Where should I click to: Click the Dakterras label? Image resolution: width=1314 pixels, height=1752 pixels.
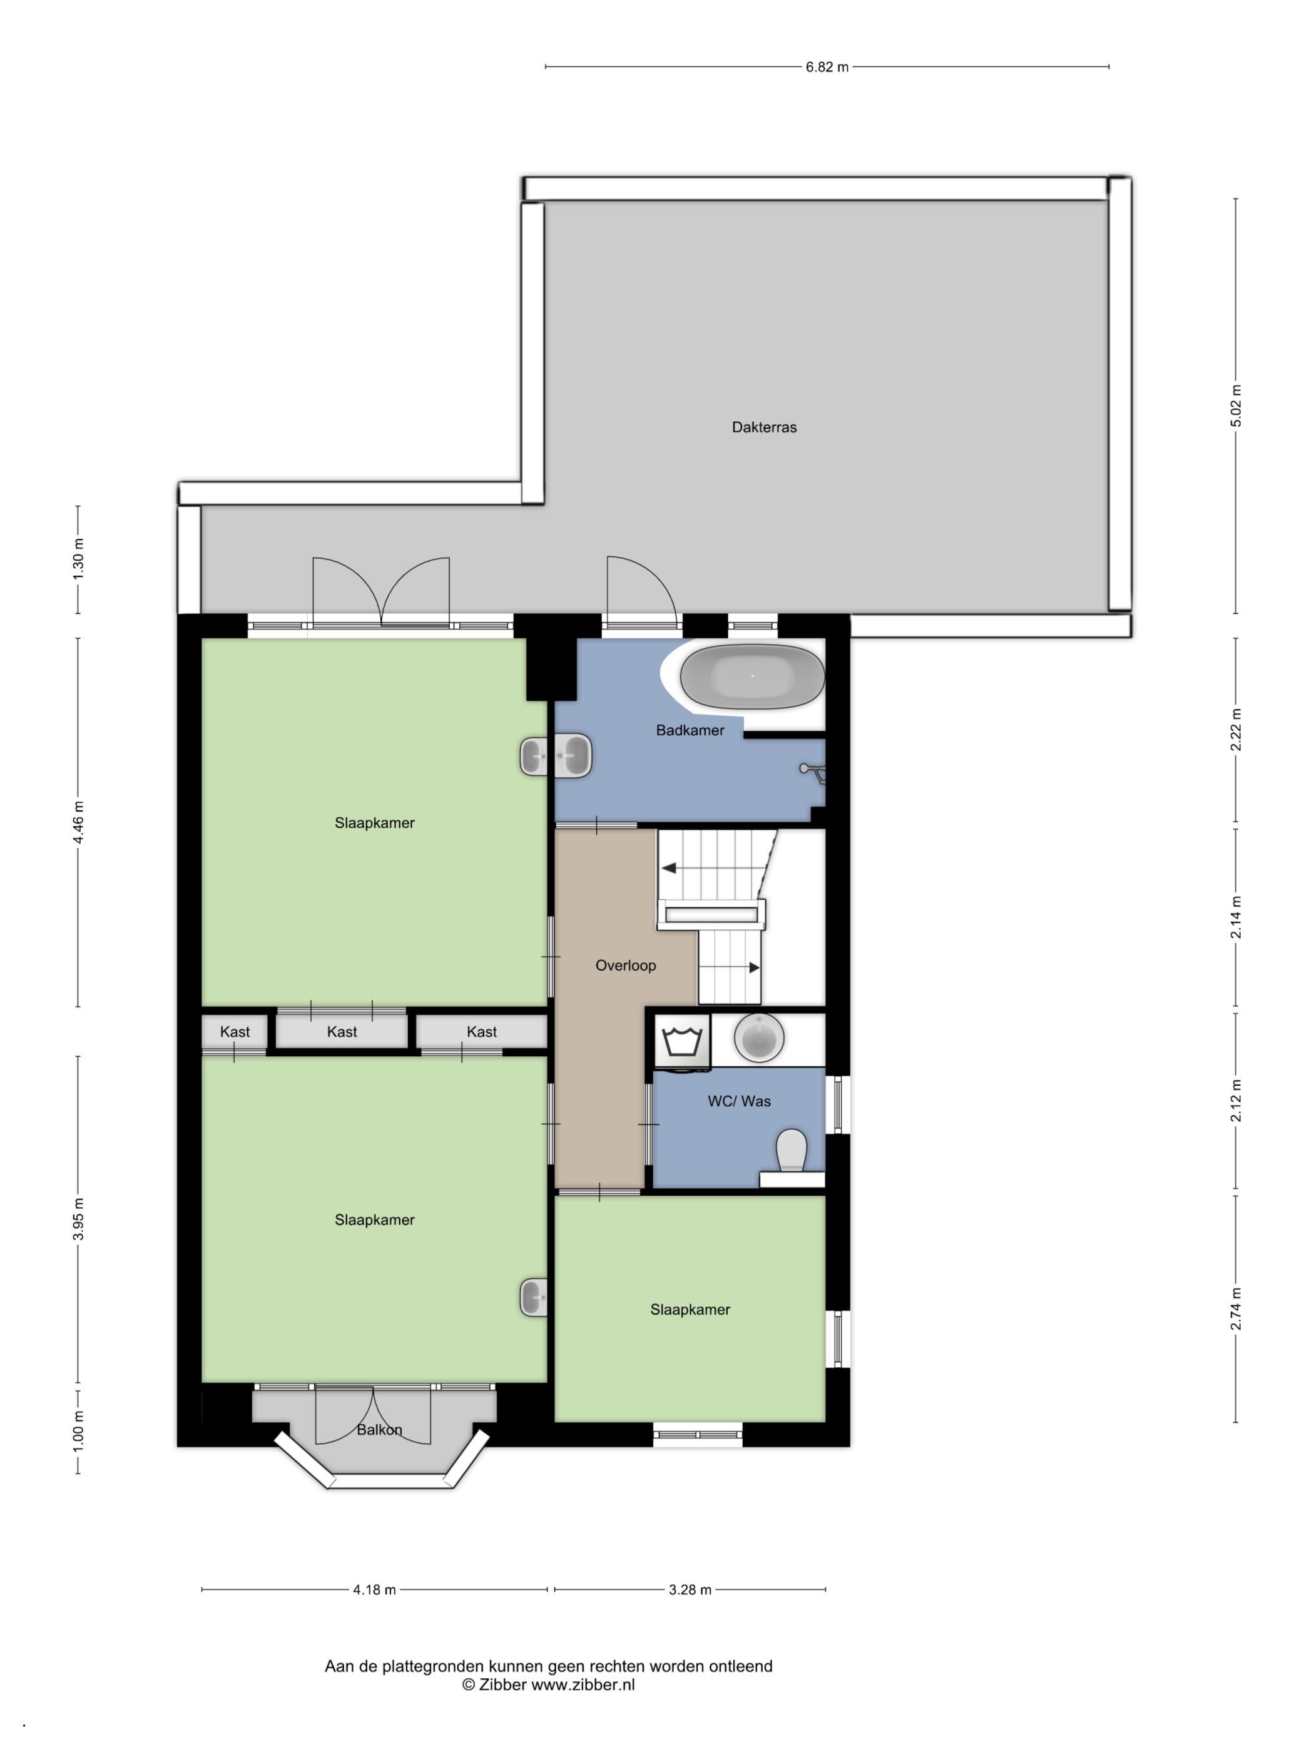click(763, 427)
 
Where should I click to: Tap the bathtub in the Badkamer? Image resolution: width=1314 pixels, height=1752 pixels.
click(753, 676)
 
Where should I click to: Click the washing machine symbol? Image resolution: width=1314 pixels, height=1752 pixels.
click(682, 1041)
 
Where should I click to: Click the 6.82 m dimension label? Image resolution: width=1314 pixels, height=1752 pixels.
click(827, 68)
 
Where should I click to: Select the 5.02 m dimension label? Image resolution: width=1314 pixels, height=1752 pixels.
click(1236, 405)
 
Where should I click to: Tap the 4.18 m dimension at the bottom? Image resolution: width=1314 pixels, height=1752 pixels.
click(374, 1590)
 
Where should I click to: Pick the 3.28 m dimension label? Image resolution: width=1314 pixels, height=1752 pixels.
click(690, 1590)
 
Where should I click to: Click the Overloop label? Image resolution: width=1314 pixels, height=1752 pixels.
click(625, 965)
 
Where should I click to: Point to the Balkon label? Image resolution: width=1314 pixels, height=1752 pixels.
click(379, 1430)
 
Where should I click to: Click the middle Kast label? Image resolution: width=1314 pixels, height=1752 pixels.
click(342, 1032)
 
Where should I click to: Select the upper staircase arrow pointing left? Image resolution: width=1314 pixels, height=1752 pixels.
click(670, 868)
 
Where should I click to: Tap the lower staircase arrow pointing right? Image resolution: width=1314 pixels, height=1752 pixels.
click(754, 968)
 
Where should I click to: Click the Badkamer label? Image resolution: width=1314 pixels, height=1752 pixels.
click(689, 730)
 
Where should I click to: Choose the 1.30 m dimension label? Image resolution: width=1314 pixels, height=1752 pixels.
click(78, 559)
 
